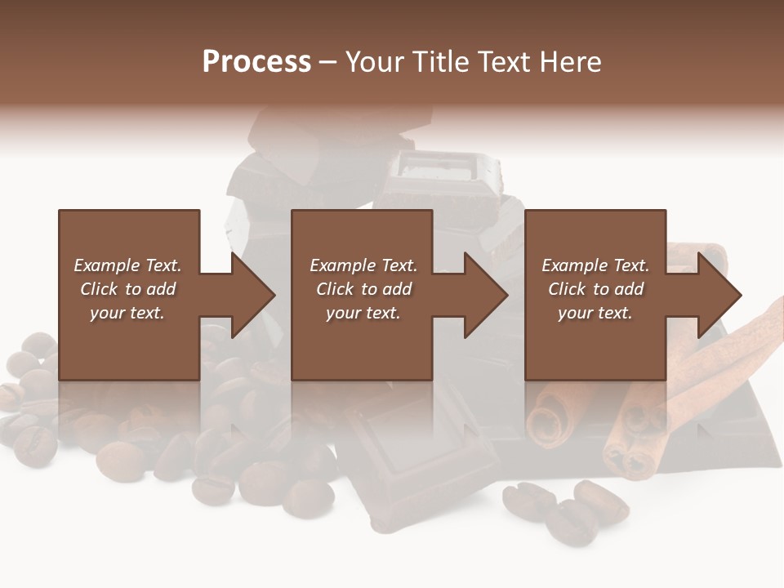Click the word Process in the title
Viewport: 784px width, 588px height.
[x=256, y=62]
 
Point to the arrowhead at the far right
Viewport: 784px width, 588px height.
[x=719, y=295]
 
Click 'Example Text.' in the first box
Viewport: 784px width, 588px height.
[x=127, y=265]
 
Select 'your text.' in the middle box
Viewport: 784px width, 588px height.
[x=363, y=313]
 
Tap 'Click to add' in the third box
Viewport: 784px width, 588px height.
[x=595, y=289]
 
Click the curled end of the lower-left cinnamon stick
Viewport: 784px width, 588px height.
[x=546, y=416]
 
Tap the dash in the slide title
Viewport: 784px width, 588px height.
[x=327, y=62]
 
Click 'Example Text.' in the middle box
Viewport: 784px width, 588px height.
[x=363, y=265]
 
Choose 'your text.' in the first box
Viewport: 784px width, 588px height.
[x=127, y=313]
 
